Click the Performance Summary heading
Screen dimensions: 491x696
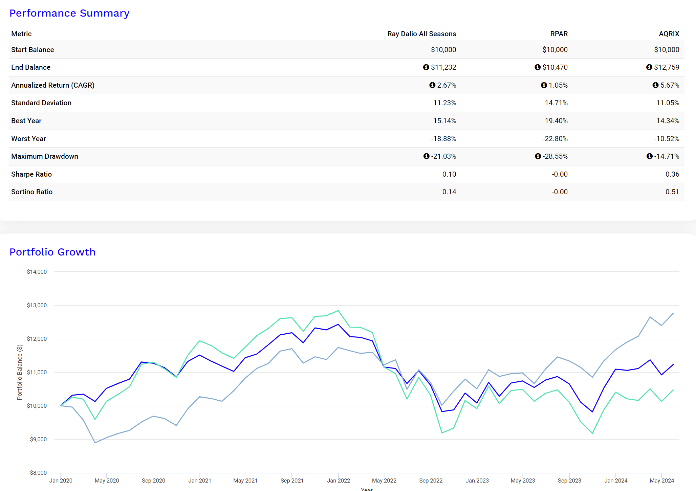click(x=69, y=13)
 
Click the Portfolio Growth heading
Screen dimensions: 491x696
click(x=52, y=252)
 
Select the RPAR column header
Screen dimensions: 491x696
click(x=559, y=34)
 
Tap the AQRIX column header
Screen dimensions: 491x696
click(x=669, y=34)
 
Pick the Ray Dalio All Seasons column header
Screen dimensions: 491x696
click(x=421, y=34)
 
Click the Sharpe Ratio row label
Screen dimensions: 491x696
click(x=31, y=174)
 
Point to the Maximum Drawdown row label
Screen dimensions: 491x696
click(x=45, y=156)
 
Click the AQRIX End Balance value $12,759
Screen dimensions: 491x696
click(x=666, y=67)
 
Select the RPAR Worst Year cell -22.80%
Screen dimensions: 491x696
click(x=555, y=139)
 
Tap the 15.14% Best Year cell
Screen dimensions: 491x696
click(x=444, y=121)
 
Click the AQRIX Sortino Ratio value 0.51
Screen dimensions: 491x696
click(x=672, y=192)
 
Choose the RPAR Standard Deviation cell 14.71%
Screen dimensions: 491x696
click(x=556, y=103)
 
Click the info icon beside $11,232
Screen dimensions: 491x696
click(x=426, y=67)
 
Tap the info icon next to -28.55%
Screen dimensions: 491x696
click(x=538, y=156)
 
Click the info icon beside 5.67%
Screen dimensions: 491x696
click(x=655, y=85)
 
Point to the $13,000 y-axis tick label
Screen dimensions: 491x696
click(x=37, y=305)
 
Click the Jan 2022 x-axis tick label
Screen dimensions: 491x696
click(x=338, y=481)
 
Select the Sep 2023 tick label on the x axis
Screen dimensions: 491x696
click(x=569, y=481)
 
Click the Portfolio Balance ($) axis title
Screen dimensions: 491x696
click(x=20, y=372)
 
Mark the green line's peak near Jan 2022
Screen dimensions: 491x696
click(x=338, y=311)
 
